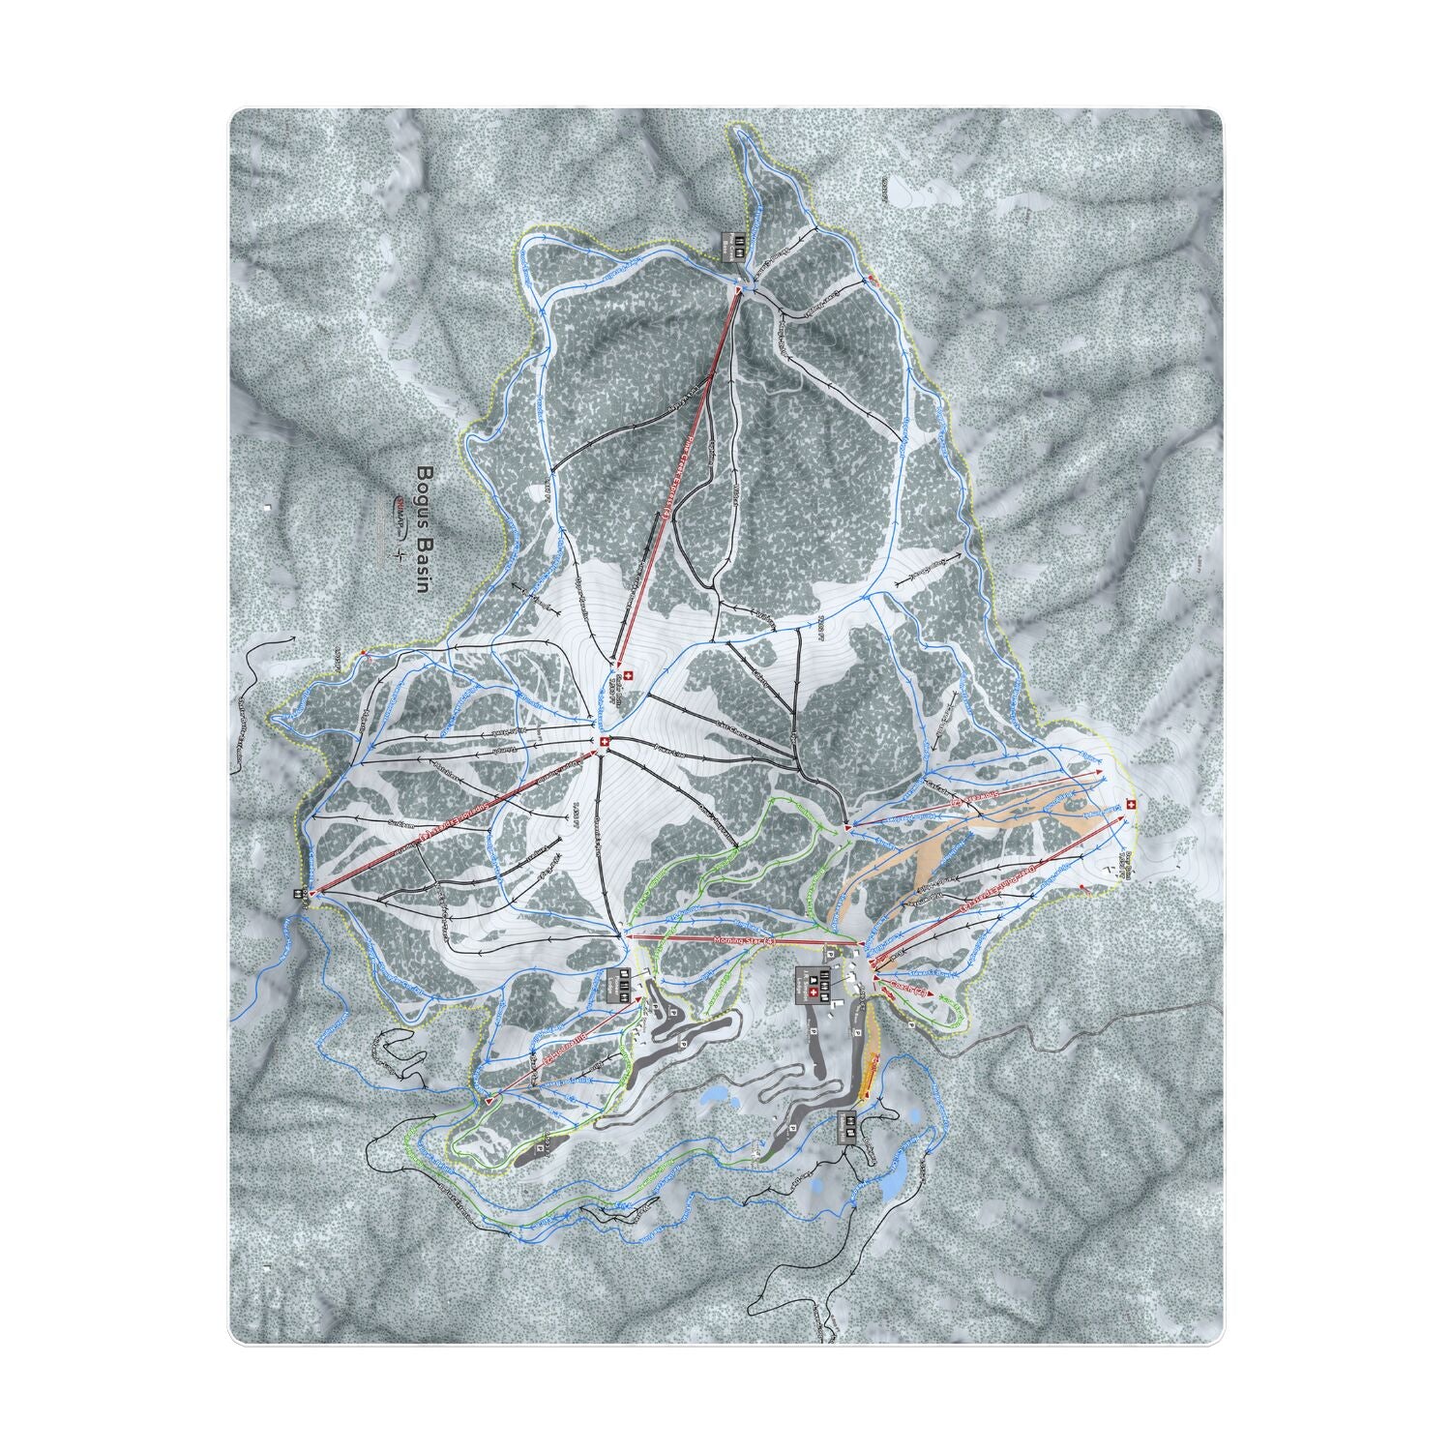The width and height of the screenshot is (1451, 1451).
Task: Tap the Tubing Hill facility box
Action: pos(848,1124)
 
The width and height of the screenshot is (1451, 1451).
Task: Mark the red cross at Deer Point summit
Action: pos(1130,805)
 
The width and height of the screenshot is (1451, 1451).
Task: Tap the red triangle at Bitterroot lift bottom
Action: pos(491,1101)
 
